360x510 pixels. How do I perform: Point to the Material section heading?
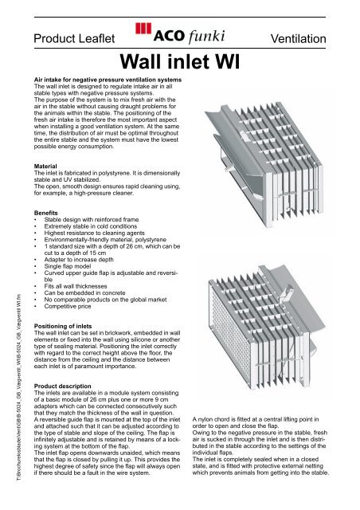point(49,145)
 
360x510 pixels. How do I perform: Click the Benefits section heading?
point(49,191)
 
